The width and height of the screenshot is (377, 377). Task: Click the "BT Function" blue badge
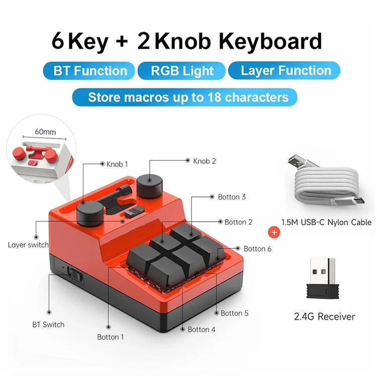[x=89, y=71]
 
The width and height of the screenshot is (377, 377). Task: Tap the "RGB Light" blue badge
[x=181, y=71]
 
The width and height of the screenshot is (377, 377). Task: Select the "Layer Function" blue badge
[x=284, y=70]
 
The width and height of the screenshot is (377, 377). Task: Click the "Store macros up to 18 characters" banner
[x=184, y=97]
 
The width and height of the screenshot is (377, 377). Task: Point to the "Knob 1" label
[x=117, y=164]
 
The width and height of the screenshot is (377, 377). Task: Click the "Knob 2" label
[x=205, y=161]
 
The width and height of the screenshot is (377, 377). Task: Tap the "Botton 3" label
[x=232, y=197]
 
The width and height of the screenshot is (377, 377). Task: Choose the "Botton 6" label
[x=257, y=249]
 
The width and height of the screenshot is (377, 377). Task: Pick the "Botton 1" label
[x=111, y=337]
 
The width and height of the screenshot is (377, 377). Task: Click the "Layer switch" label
[x=28, y=245]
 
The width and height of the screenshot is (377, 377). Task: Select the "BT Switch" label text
[x=48, y=325]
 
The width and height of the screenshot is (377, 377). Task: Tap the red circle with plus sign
[x=274, y=233]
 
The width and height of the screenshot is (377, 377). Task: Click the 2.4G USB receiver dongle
[x=323, y=278]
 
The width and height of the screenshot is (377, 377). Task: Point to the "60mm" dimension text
[x=45, y=132]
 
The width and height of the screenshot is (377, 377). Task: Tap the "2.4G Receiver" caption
[x=325, y=316]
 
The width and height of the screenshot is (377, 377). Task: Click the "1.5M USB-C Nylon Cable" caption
[x=326, y=222]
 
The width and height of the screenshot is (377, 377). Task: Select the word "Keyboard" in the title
[x=270, y=41]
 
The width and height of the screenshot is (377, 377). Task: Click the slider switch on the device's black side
[x=75, y=274]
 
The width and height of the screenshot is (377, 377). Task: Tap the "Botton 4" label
[x=201, y=329]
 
